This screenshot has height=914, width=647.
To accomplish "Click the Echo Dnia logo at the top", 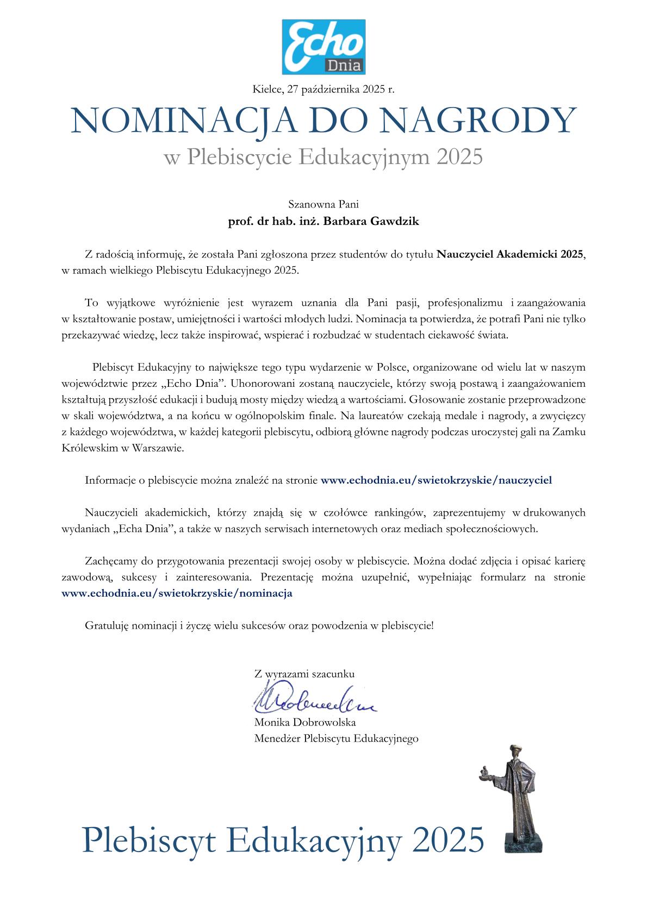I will (x=323, y=47).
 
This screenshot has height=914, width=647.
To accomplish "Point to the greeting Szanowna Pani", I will (x=323, y=205).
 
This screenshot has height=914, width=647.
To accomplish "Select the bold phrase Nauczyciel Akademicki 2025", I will (x=511, y=254).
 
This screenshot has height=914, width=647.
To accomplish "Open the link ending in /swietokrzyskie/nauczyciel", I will (x=437, y=480).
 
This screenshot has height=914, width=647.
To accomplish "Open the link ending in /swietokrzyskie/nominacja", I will (x=177, y=593).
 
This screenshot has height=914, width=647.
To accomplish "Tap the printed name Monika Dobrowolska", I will (x=305, y=722).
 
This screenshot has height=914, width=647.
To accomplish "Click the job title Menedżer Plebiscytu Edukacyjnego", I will (x=336, y=738).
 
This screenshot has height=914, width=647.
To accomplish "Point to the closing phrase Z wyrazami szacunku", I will (x=304, y=674).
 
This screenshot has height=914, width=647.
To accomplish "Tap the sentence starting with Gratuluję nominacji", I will (x=259, y=625).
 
